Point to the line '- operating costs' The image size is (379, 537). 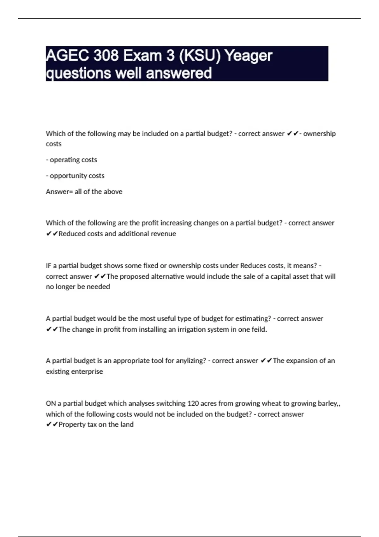pos(71,160)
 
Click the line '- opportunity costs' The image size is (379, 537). pos(75,176)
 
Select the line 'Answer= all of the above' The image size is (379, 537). pos(84,192)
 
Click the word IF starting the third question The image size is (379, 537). pos(49,266)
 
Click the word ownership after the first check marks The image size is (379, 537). pos(319,134)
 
